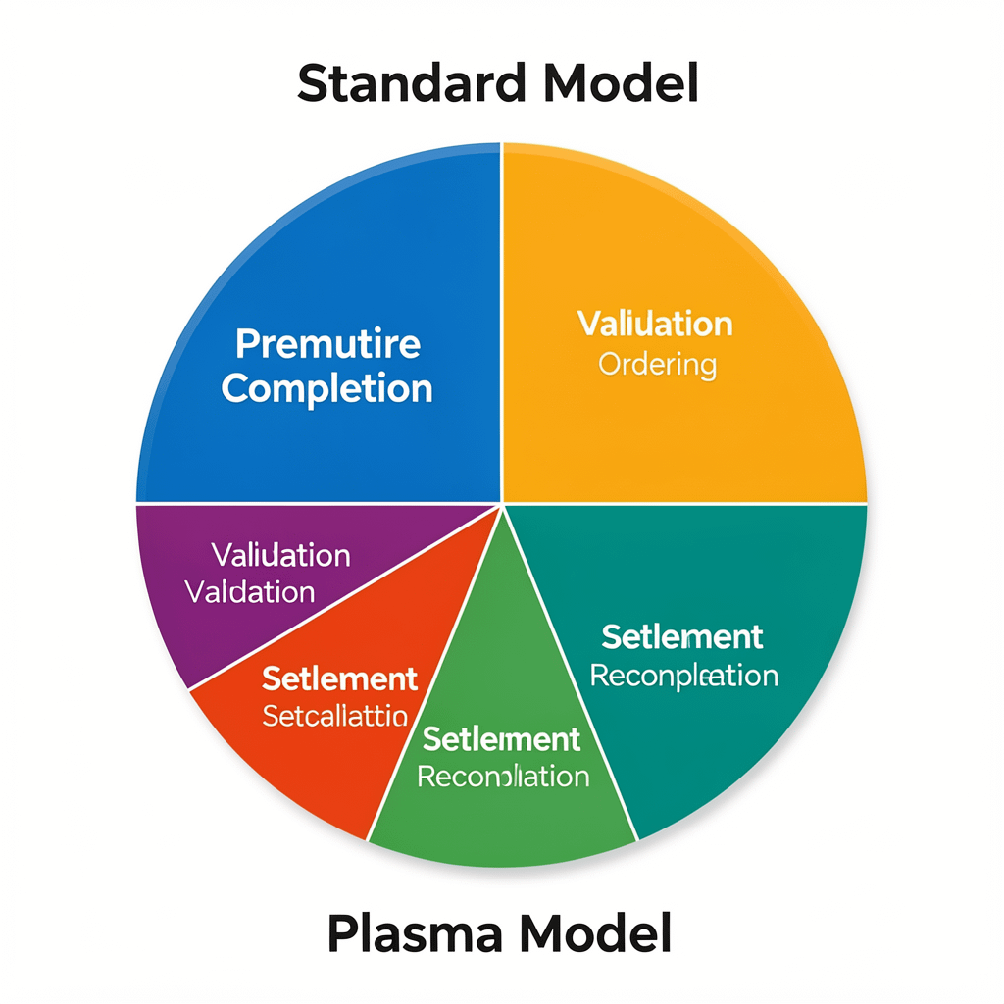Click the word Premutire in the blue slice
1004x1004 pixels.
click(327, 344)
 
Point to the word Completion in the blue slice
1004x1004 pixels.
click(326, 388)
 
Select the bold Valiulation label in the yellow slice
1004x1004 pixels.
click(655, 324)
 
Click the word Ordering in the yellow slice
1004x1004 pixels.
click(657, 366)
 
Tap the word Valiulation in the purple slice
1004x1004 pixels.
click(280, 555)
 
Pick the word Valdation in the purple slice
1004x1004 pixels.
click(250, 592)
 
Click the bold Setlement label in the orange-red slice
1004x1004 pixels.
click(340, 678)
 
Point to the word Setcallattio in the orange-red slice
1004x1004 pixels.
click(335, 716)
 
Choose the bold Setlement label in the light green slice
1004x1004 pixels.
click(501, 738)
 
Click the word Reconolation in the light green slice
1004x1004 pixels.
click(503, 777)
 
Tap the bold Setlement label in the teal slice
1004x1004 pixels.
click(682, 636)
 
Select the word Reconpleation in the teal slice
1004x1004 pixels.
click(684, 676)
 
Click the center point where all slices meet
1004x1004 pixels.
click(502, 504)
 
